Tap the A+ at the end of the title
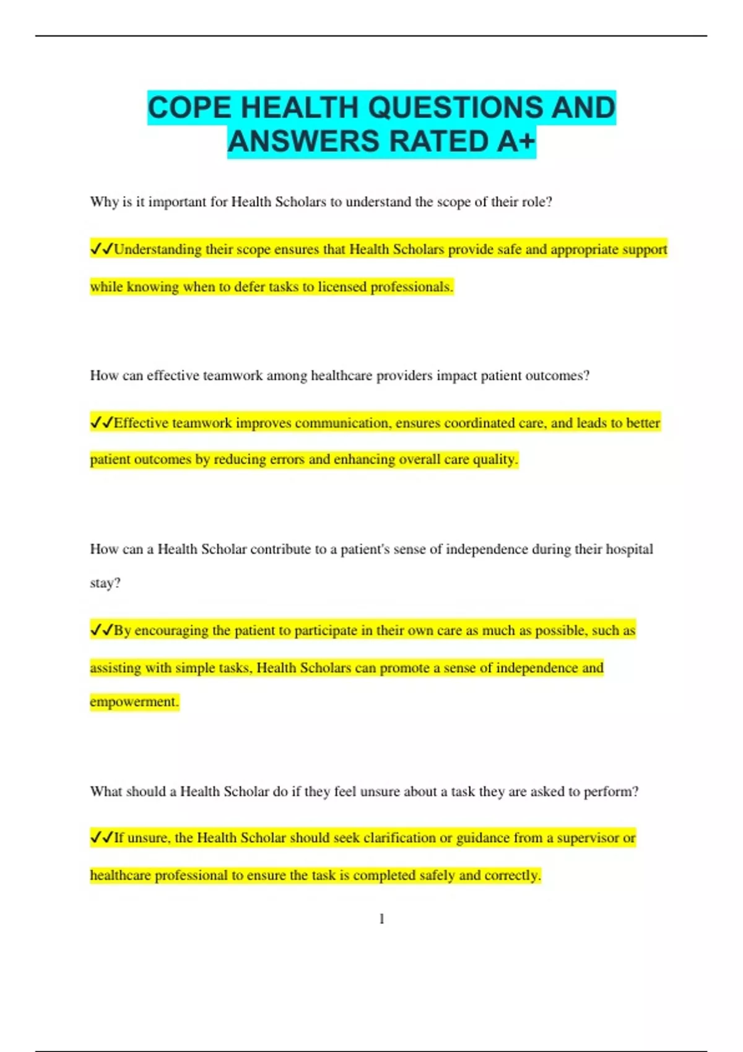(x=516, y=142)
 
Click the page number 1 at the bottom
(x=381, y=919)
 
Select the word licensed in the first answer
(x=342, y=287)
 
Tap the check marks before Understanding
(x=102, y=249)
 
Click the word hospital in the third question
(x=629, y=550)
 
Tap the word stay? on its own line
(x=105, y=583)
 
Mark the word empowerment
(x=134, y=702)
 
